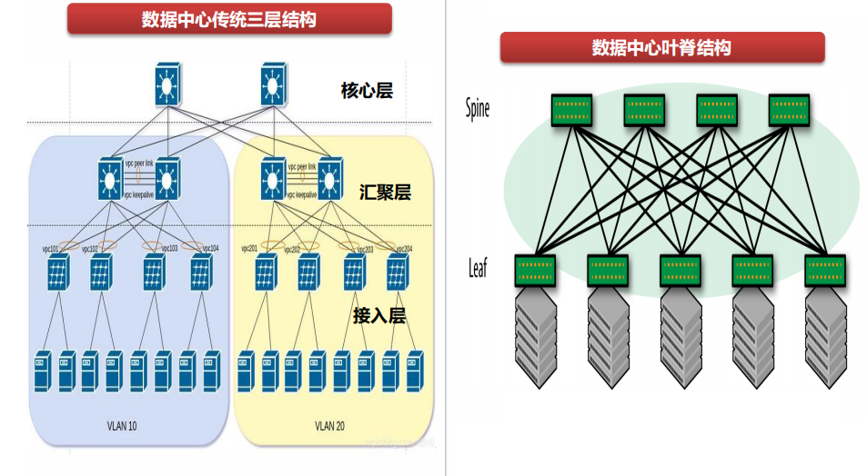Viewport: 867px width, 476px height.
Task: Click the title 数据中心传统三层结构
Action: (x=229, y=19)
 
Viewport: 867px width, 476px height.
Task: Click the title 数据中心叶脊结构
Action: (x=661, y=47)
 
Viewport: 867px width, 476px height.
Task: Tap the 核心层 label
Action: (x=367, y=90)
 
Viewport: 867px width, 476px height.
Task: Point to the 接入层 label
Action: (x=378, y=315)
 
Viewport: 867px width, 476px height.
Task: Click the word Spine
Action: (x=478, y=109)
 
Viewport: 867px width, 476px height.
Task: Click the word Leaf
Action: (x=478, y=268)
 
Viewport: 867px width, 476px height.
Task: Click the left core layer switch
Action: (x=166, y=84)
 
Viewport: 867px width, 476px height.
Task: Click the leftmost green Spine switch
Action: (x=570, y=109)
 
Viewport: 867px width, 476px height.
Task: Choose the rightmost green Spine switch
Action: (x=788, y=109)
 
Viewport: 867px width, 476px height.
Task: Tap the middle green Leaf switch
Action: (x=680, y=268)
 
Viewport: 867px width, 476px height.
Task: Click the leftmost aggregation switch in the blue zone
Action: (x=114, y=179)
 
